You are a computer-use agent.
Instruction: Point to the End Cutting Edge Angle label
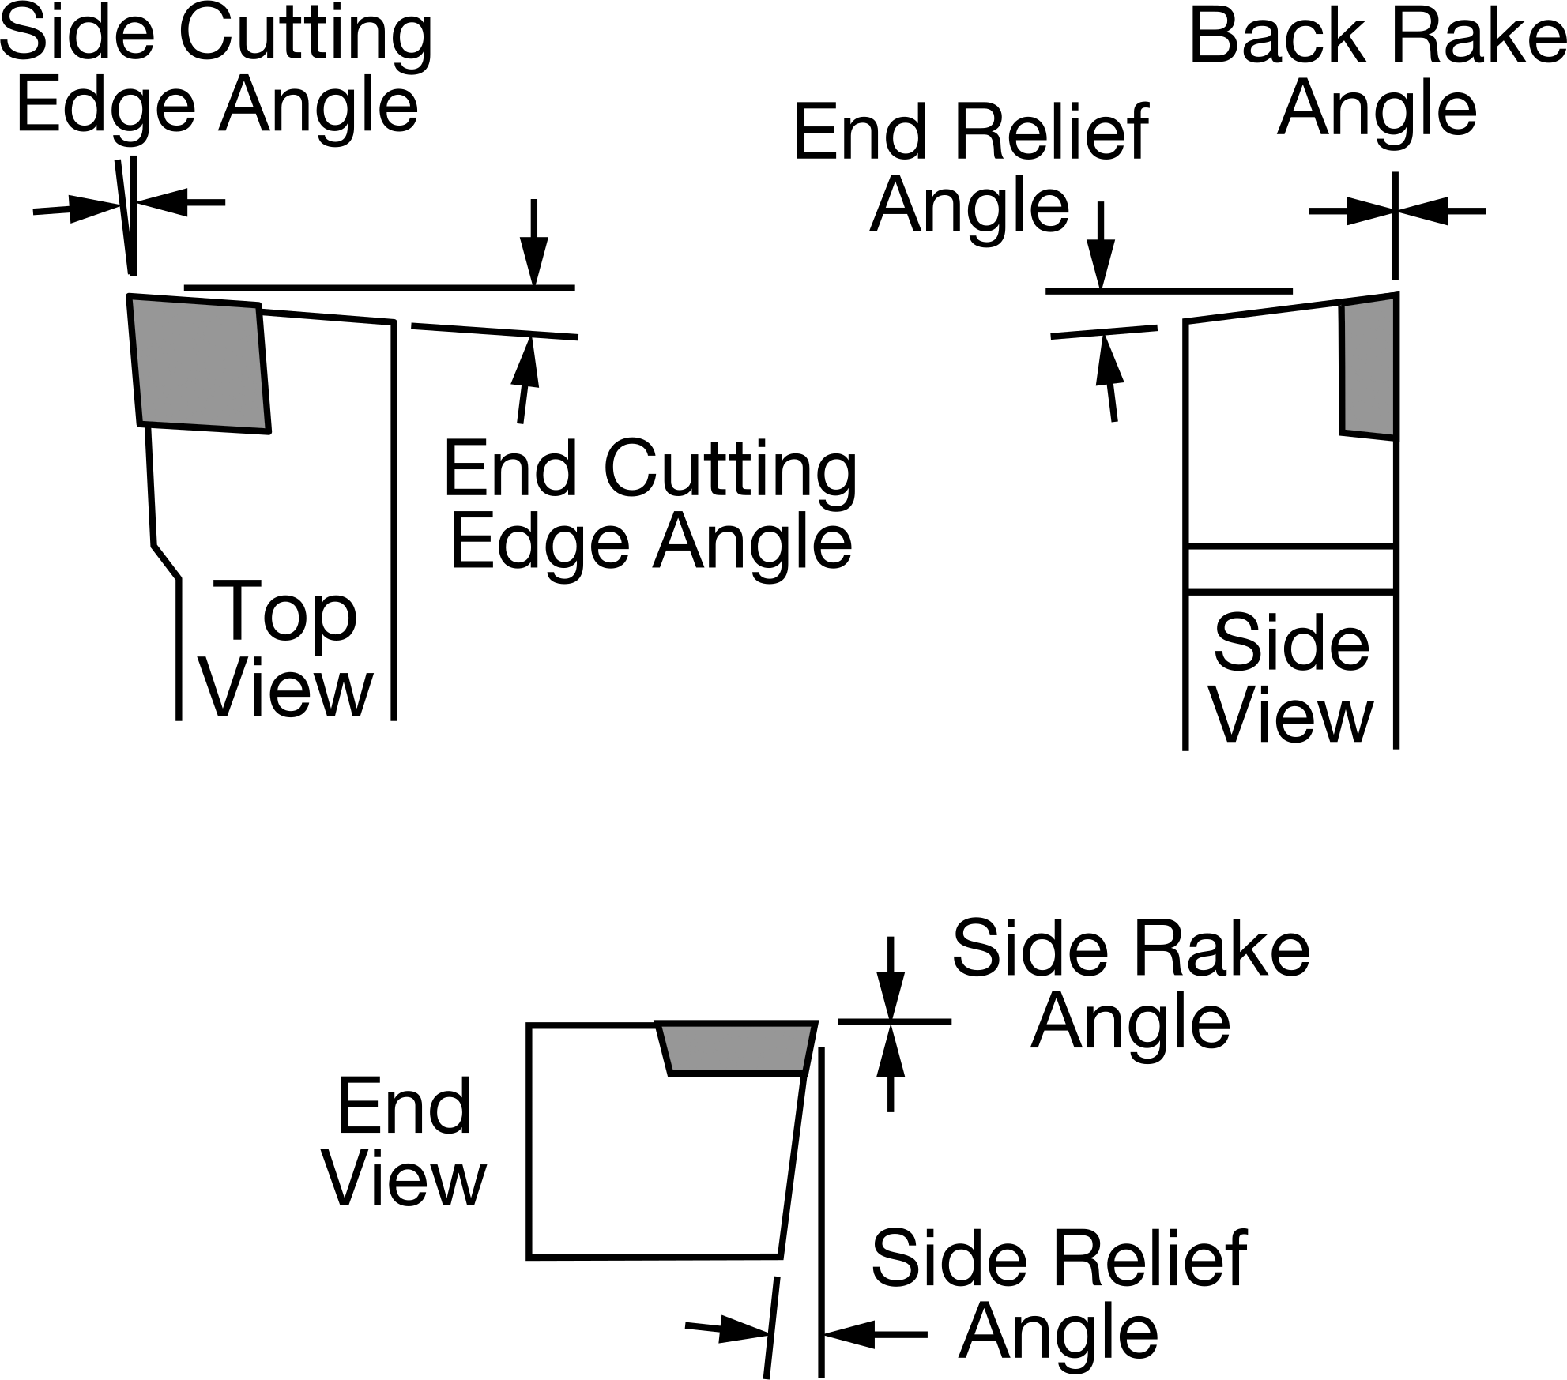coord(650,505)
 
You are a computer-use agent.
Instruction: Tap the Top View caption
coord(286,648)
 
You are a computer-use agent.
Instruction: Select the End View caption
coord(405,1142)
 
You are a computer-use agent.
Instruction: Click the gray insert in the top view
coord(199,364)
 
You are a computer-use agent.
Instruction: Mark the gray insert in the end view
coord(736,1048)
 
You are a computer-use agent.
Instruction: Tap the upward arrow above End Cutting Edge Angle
coord(526,380)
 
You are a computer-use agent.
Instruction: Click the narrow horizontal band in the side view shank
coord(1290,568)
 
